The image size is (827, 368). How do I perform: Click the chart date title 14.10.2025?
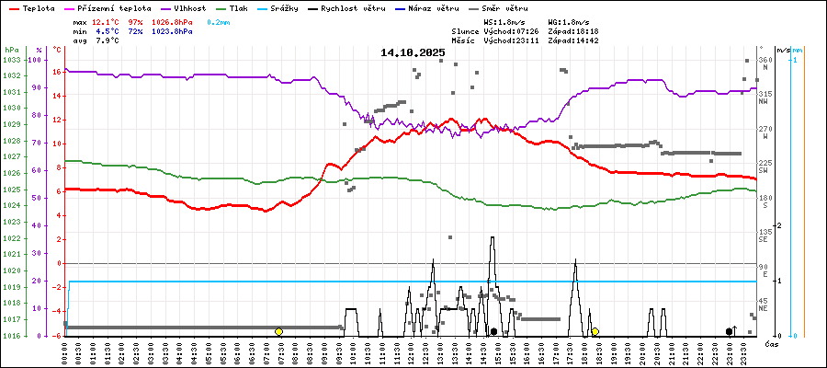pyautogui.click(x=413, y=52)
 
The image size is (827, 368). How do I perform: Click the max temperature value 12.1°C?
pyautogui.click(x=107, y=20)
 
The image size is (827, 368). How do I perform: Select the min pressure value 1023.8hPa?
pyautogui.click(x=171, y=30)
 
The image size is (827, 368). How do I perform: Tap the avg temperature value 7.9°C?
pyautogui.click(x=107, y=40)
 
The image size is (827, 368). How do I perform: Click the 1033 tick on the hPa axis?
pyautogui.click(x=11, y=60)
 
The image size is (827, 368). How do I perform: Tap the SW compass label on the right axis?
pyautogui.click(x=764, y=171)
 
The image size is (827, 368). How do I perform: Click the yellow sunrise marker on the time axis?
pyautogui.click(x=278, y=331)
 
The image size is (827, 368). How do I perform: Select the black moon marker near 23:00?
pyautogui.click(x=729, y=331)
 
